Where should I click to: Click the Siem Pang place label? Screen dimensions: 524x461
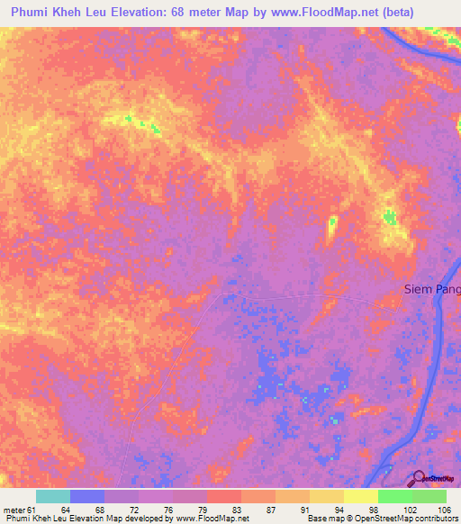pos(430,289)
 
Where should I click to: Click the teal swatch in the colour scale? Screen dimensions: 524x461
pos(53,496)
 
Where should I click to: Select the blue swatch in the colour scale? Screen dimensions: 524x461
pos(87,496)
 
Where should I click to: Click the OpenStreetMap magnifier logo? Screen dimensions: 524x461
pos(419,479)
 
